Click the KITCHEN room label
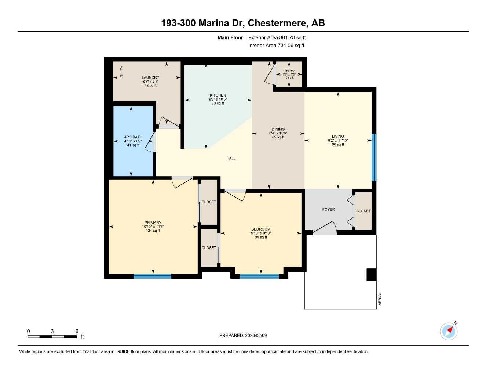coord(218,95)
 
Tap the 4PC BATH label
coord(133,137)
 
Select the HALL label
coord(231,158)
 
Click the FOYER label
coord(328,209)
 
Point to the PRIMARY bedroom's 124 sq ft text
coord(153,231)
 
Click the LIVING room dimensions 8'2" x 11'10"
coord(338,140)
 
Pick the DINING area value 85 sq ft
coord(278,137)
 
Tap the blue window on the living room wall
coord(374,158)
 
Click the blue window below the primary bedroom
coord(152,276)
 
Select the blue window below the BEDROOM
coord(259,276)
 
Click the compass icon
coord(449,331)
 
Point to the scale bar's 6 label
coord(77,331)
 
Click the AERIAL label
coord(380,299)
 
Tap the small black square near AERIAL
coord(371,275)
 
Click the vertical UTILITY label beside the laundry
coord(122,72)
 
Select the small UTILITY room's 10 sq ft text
coord(289,78)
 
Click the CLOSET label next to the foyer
coord(363,211)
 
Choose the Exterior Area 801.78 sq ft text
coord(277,37)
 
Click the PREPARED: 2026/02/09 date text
coord(243,335)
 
